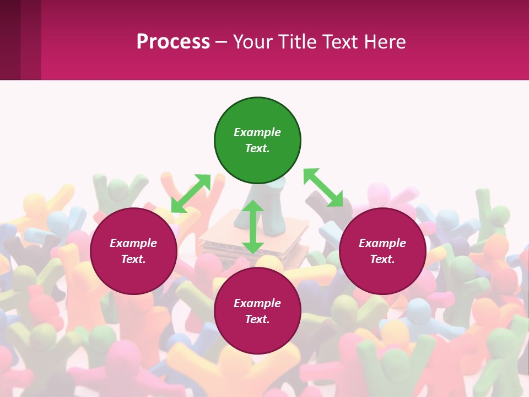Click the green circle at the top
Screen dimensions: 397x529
coord(257,141)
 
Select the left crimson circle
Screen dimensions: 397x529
coord(133,251)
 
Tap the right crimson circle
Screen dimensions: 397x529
coord(382,251)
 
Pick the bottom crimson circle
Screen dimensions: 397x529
coord(257,311)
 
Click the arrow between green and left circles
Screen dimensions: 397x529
coord(191,194)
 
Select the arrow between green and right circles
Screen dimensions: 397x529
coord(323,188)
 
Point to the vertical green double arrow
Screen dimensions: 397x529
coord(253,227)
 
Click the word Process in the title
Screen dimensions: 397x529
coord(173,41)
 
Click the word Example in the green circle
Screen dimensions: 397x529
coord(257,132)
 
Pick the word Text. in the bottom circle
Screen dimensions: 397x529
coord(257,319)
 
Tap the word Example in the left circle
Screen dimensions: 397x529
coord(133,243)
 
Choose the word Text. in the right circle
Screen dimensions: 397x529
coord(382,259)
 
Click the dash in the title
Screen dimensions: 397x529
coord(222,42)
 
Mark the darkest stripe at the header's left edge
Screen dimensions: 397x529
coord(10,40)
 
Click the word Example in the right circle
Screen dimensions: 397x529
coord(382,243)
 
